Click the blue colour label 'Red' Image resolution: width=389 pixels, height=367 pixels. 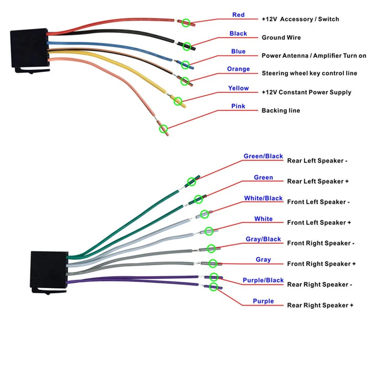coord(238,15)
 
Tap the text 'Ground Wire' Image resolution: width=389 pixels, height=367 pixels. coord(281,38)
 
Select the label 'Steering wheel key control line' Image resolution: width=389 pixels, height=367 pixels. coord(309,73)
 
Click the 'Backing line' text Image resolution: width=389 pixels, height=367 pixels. coord(281,110)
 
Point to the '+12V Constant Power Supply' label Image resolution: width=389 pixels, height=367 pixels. coord(306,92)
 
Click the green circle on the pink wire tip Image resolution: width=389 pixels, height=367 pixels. coord(163,129)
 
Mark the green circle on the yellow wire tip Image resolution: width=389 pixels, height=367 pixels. coord(178,101)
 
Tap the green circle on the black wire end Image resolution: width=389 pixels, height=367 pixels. coord(187,46)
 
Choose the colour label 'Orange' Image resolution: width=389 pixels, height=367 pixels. coord(238,69)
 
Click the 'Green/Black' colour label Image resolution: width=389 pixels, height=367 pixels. coord(263,156)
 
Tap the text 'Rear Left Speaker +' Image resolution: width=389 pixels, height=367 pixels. coord(318,181)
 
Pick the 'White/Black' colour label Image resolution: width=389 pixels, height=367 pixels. coord(263,198)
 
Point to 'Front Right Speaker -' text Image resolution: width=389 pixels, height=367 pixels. coord(321,243)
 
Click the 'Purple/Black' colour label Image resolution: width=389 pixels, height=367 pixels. coord(263,280)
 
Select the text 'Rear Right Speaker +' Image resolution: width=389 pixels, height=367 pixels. coord(320,305)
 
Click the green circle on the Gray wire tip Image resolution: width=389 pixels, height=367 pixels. coord(213,263)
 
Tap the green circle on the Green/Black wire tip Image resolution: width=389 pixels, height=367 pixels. coord(191,182)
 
